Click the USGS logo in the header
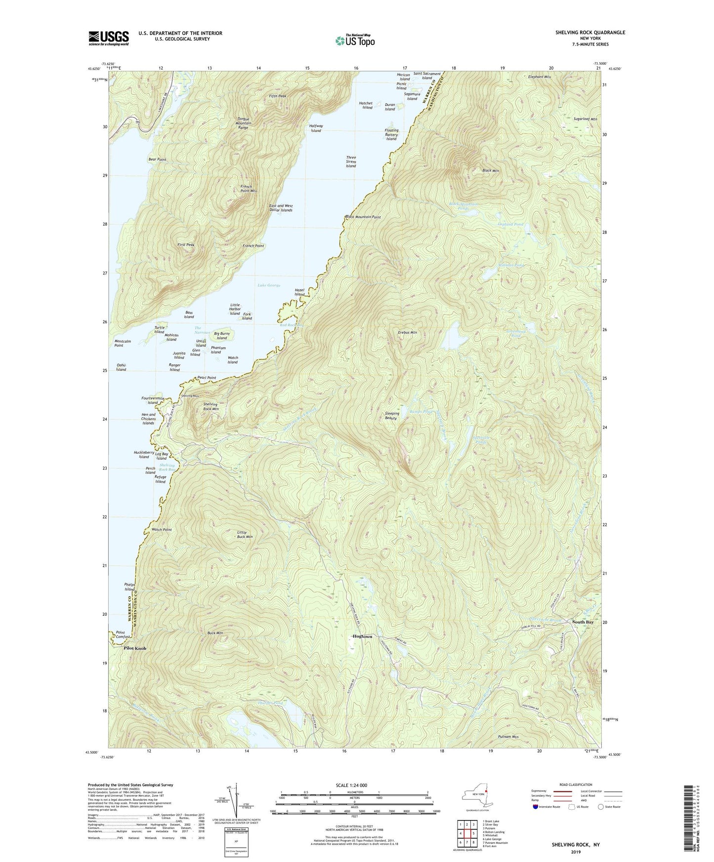click(x=109, y=38)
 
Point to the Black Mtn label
click(x=490, y=171)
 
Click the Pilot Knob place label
click(x=135, y=648)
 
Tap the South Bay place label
click(x=583, y=622)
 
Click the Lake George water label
click(x=269, y=285)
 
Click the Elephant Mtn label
click(x=539, y=77)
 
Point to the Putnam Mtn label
click(x=508, y=737)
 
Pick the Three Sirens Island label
click(x=350, y=162)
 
